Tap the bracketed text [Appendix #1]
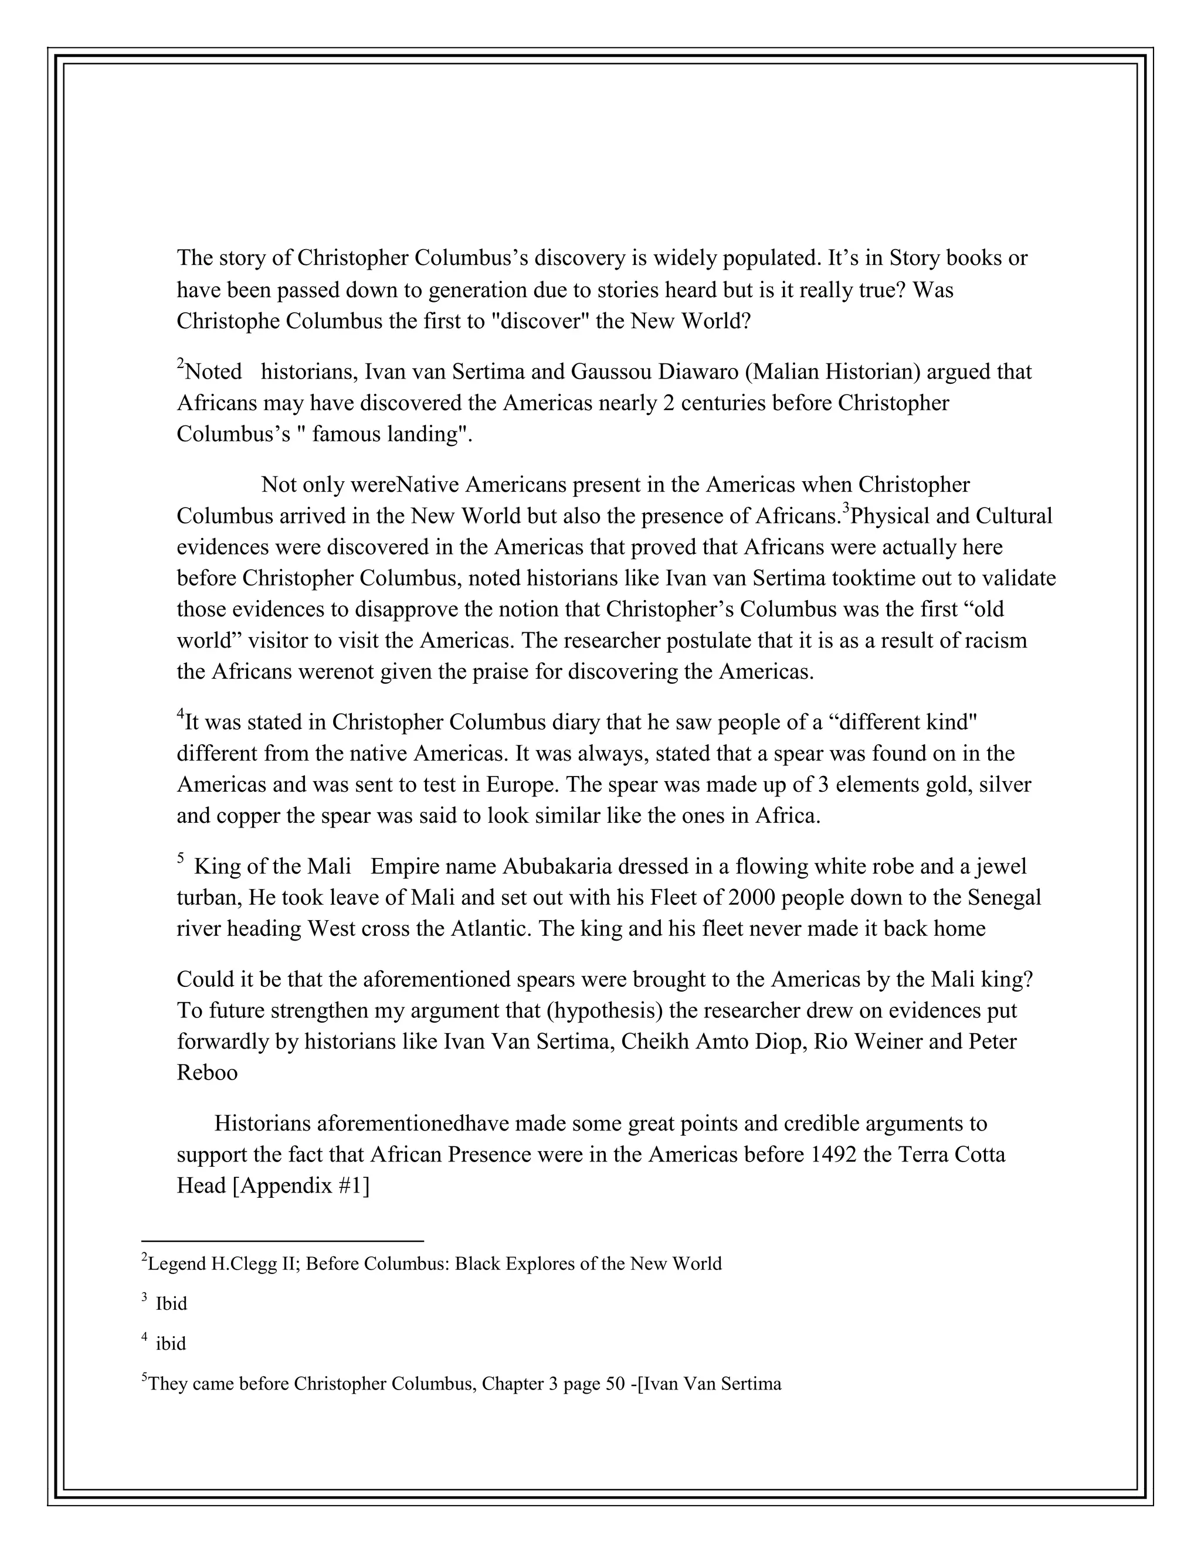pos(301,1186)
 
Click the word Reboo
pos(207,1072)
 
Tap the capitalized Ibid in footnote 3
pos(171,1303)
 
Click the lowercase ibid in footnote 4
pos(171,1343)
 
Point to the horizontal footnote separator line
pos(283,1241)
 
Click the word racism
pos(995,641)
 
